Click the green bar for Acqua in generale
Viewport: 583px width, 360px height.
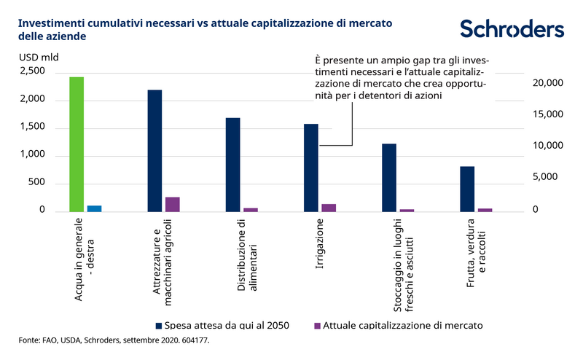point(77,144)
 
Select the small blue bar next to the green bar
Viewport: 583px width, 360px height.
point(94,208)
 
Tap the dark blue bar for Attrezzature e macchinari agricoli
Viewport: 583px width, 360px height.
point(154,150)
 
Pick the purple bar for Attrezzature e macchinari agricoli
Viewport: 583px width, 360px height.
point(172,204)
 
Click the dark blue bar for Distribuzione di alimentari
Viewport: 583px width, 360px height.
point(232,164)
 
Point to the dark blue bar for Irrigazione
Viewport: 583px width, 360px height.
point(311,168)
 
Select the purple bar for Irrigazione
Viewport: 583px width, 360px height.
point(329,208)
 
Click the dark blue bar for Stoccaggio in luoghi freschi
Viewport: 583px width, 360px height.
point(389,177)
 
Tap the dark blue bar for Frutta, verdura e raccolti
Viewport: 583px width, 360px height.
point(467,189)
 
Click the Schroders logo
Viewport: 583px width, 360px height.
point(512,28)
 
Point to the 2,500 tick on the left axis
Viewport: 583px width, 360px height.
point(32,71)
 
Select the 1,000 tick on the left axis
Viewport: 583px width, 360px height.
point(32,155)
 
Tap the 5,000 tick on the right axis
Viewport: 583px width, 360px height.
point(548,177)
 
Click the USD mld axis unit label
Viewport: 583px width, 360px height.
point(38,56)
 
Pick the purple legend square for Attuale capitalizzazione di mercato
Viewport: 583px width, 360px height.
point(316,324)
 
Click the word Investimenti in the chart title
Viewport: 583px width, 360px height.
point(50,23)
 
